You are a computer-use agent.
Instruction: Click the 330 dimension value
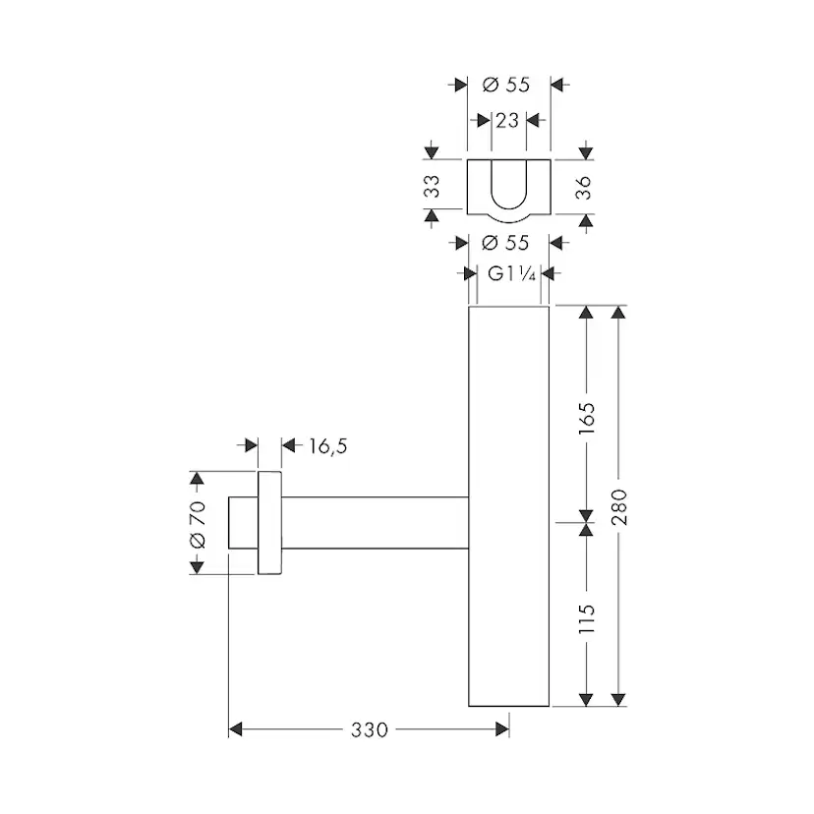click(369, 729)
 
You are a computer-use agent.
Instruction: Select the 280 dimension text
click(618, 507)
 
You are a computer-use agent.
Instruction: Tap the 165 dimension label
click(587, 419)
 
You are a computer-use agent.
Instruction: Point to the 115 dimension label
click(587, 617)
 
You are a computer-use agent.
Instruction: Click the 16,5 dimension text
click(328, 446)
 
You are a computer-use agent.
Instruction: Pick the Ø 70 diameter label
click(198, 525)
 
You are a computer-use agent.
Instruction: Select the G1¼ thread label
click(511, 273)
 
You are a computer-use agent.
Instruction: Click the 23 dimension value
click(507, 121)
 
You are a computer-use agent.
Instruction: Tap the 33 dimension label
click(432, 186)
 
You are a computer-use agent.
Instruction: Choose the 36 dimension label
click(584, 188)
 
